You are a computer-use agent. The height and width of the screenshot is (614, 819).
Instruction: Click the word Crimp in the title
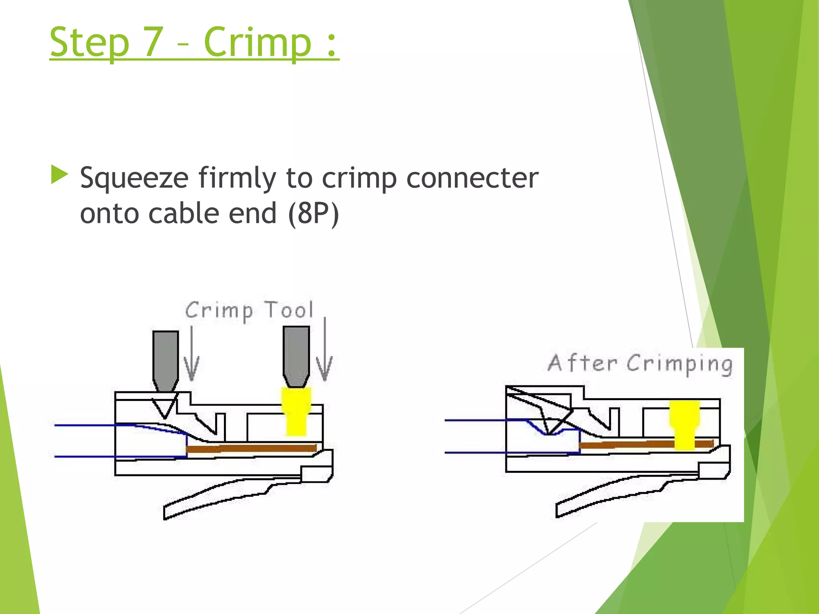tap(257, 42)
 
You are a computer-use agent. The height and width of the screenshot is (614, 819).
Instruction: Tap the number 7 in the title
tap(153, 42)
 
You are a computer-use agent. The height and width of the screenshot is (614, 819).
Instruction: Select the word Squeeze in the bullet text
tap(134, 178)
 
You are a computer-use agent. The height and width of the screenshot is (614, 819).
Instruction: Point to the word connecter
tap(472, 178)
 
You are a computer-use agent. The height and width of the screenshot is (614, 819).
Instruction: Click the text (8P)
tap(313, 213)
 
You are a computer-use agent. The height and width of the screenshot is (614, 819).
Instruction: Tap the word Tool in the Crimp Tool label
tap(289, 310)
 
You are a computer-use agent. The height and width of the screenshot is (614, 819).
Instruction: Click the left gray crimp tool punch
tap(166, 358)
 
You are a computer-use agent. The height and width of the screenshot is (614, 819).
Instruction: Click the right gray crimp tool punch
tap(296, 354)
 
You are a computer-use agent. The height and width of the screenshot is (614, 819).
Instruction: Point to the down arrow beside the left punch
tap(192, 356)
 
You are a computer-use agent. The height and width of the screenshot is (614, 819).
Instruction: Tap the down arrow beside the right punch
tap(324, 352)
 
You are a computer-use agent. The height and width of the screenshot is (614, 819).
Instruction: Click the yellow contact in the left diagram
tap(296, 412)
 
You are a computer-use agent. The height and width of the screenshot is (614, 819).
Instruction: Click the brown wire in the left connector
tap(252, 448)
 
